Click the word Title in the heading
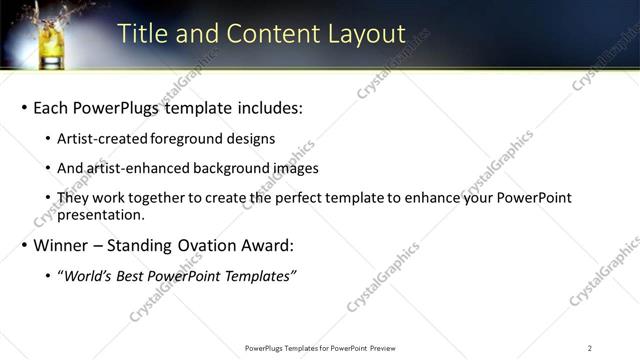pos(142,34)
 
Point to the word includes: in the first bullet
pos(267,107)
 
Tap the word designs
pos(253,139)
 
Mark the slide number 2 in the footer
pos(590,348)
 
